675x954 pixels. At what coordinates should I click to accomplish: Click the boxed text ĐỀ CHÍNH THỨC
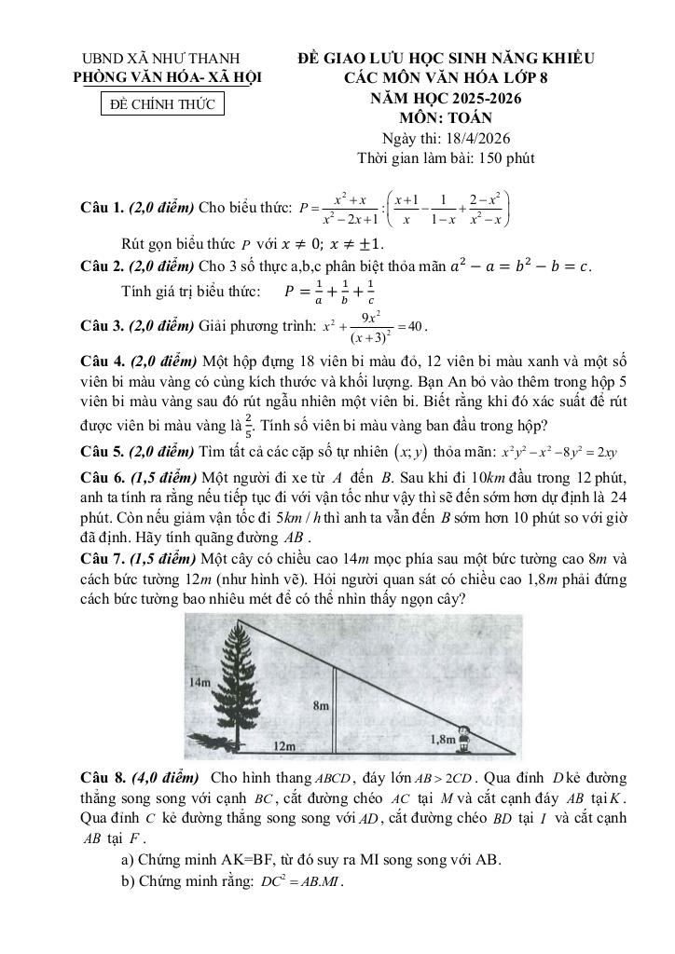162,104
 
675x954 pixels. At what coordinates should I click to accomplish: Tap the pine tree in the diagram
239,685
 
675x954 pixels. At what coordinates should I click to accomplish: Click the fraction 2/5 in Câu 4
248,425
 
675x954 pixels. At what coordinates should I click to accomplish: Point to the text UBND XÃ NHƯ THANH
161,59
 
